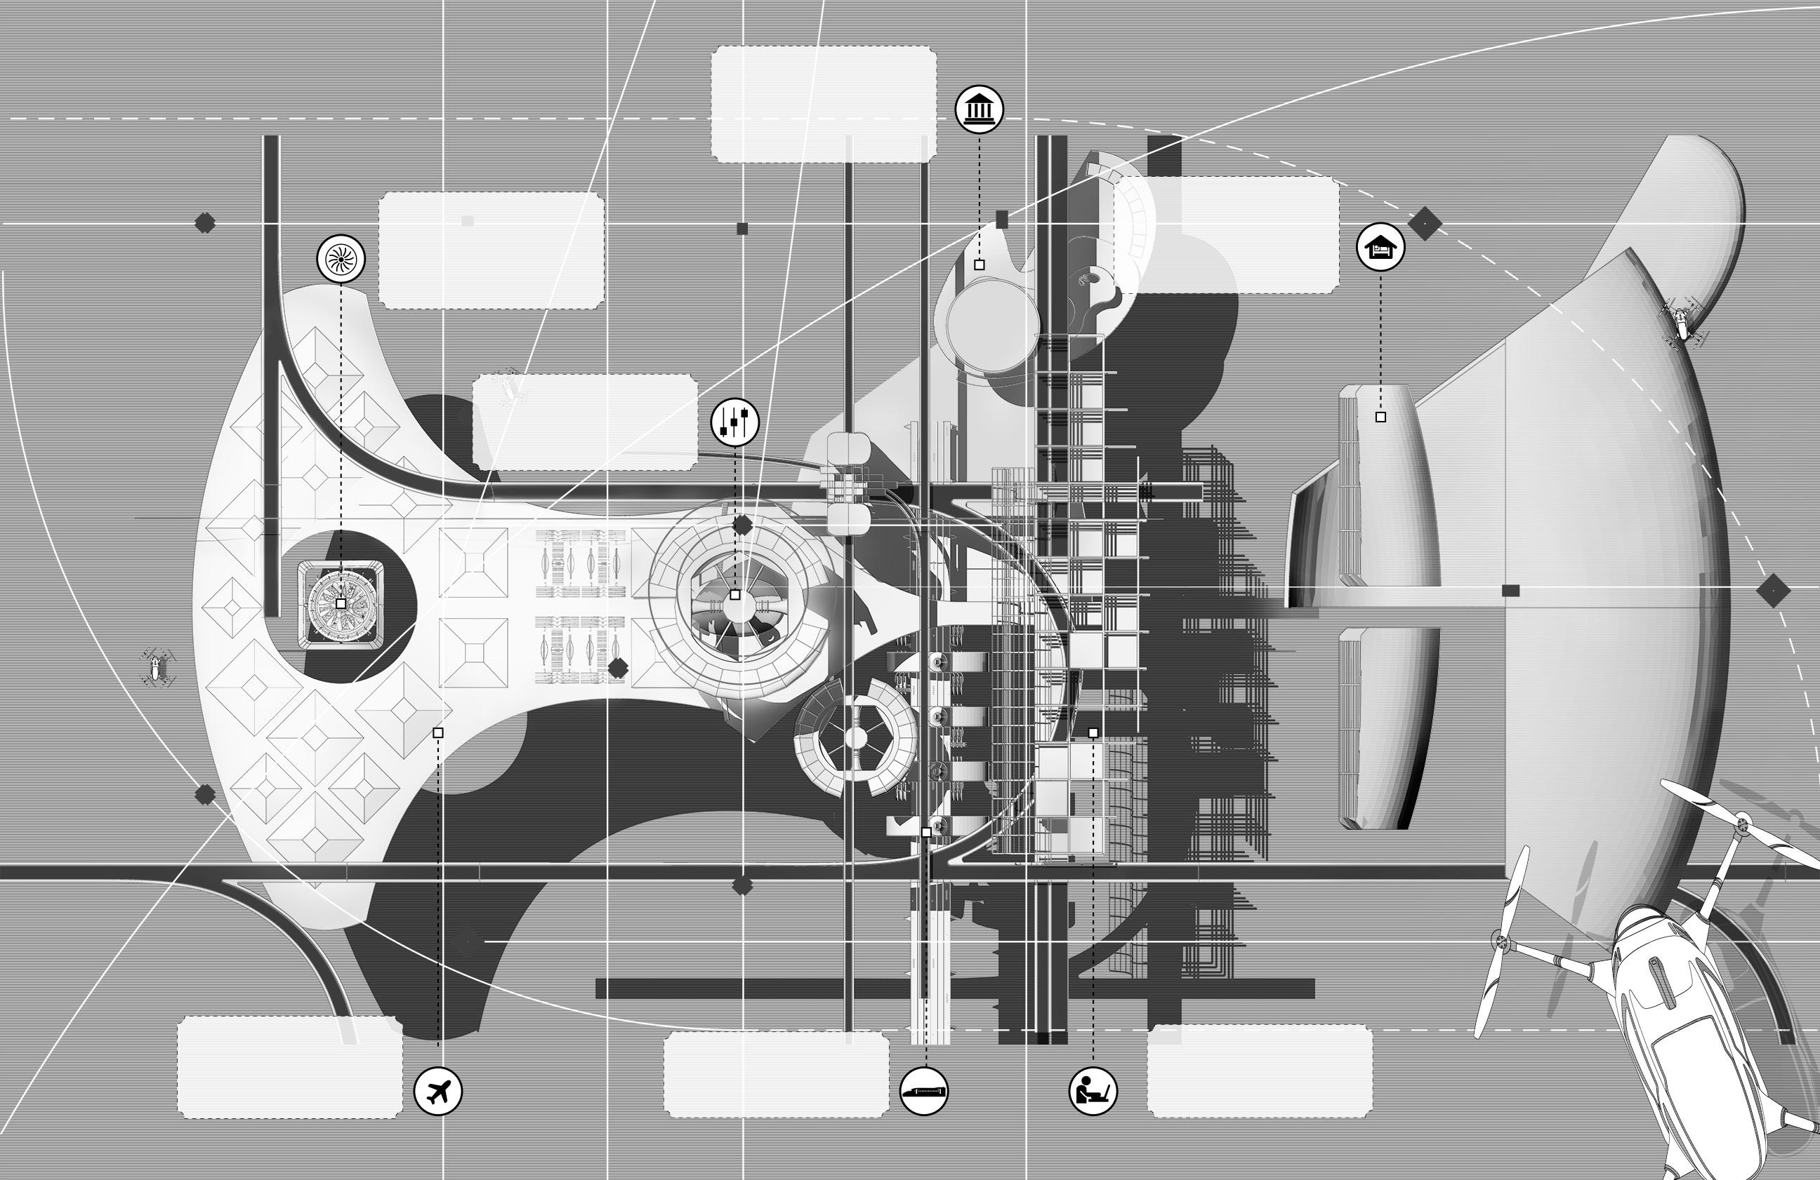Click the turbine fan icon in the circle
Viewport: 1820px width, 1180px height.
(341, 259)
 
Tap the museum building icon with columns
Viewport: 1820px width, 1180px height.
(979, 109)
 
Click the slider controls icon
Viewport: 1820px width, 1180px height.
(735, 422)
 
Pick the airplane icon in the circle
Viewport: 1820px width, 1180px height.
(437, 1091)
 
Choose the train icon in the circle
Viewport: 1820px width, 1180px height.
(924, 1092)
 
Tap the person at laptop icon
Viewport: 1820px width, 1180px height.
(1092, 1092)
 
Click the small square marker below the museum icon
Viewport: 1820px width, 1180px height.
(979, 264)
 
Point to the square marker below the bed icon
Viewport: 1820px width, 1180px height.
(1380, 417)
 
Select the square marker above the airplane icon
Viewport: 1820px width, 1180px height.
(438, 733)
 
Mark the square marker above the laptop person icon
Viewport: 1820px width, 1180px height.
(1093, 733)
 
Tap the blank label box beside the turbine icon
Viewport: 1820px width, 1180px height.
(492, 250)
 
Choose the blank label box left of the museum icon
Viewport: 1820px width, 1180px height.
(824, 104)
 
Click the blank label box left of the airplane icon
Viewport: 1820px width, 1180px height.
(290, 1068)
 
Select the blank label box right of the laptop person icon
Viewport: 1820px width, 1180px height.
(1260, 1071)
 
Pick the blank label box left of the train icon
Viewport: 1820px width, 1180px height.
(776, 1074)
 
